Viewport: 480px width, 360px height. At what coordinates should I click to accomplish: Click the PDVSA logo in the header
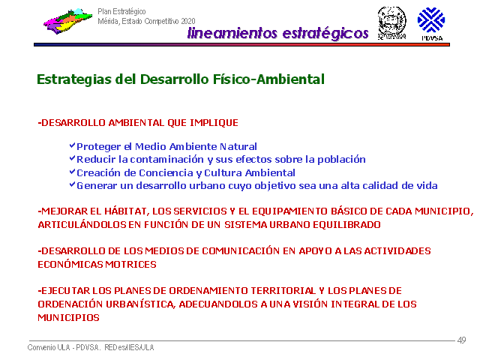pyautogui.click(x=431, y=24)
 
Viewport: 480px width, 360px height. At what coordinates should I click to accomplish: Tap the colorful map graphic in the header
pyautogui.click(x=67, y=21)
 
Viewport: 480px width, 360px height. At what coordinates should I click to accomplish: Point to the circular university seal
pyautogui.click(x=391, y=23)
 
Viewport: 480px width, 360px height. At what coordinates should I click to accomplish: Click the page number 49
pyautogui.click(x=462, y=340)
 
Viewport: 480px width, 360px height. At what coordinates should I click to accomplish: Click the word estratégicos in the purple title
pyautogui.click(x=325, y=33)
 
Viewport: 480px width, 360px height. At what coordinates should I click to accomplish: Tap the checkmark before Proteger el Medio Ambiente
pyautogui.click(x=72, y=145)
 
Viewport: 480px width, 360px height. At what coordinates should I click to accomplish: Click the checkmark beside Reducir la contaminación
pyautogui.click(x=72, y=158)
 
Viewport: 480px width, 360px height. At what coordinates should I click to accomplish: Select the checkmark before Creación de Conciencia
pyautogui.click(x=72, y=172)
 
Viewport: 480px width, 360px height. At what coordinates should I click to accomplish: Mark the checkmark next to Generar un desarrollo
pyautogui.click(x=72, y=184)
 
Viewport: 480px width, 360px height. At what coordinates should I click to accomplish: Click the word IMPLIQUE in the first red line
pyautogui.click(x=214, y=123)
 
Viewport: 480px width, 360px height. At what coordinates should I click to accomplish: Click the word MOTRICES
pyautogui.click(x=130, y=265)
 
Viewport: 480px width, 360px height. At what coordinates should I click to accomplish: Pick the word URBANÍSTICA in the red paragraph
pyautogui.click(x=141, y=304)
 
